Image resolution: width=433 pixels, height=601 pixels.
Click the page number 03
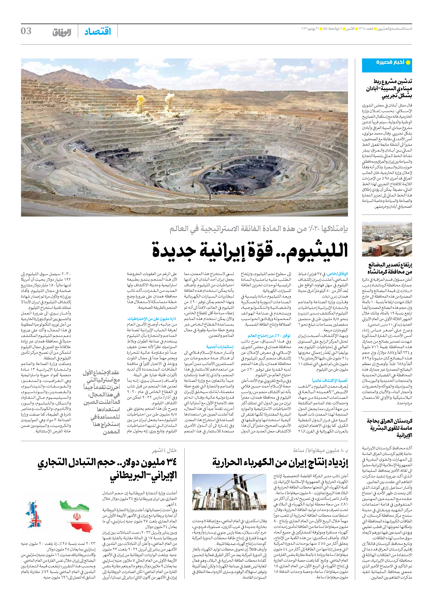[26, 31]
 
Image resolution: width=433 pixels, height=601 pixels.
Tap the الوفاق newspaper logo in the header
[62, 32]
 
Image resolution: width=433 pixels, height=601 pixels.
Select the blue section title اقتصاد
[98, 32]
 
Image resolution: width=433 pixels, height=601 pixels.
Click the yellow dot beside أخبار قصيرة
[408, 63]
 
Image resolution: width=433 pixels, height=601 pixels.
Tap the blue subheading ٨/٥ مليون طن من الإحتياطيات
[152, 319]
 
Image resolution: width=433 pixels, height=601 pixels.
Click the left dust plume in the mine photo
[140, 103]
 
